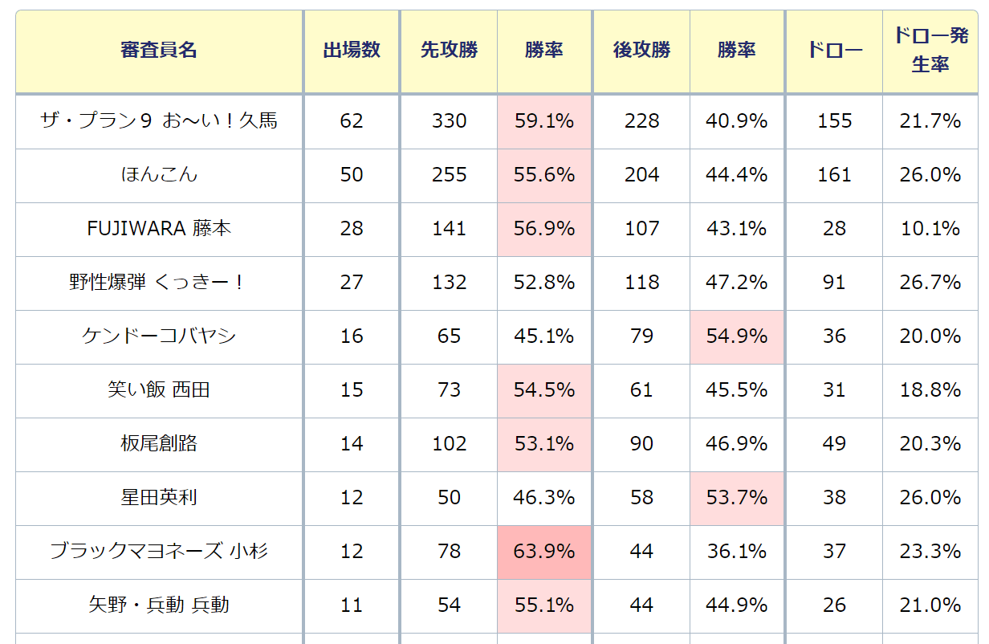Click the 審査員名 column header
pos(159,51)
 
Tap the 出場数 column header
pos(352,51)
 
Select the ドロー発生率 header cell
pos(930,51)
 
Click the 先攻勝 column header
pos(449,51)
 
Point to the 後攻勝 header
pos(641,51)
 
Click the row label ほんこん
pos(159,175)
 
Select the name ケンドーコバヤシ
pos(159,336)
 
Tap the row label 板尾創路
pos(159,444)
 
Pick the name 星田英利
pos(159,498)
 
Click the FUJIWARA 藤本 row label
pos(159,229)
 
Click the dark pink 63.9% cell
pos(544,552)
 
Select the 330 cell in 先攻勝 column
pos(449,121)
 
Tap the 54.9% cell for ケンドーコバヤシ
pos(737,336)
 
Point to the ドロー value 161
pos(834,175)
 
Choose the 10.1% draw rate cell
pos(930,229)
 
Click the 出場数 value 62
pos(352,121)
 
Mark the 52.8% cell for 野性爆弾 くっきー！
pos(544,283)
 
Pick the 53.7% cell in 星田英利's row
pos(737,498)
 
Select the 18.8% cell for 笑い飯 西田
pos(930,390)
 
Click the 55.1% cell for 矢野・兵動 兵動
pos(544,605)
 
